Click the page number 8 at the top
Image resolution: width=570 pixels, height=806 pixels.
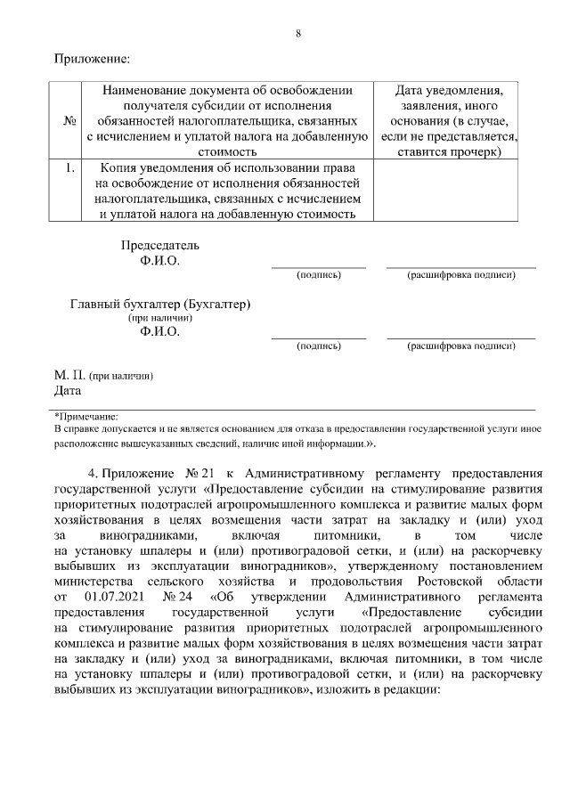298,34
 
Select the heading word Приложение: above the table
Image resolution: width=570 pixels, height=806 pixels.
92,60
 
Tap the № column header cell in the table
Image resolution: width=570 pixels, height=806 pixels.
69,121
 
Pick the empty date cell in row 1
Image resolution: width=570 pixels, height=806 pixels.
445,190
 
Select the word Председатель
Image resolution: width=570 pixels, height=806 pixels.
160,245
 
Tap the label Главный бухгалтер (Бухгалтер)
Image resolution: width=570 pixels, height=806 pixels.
160,304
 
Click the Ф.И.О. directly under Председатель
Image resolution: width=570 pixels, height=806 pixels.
160,261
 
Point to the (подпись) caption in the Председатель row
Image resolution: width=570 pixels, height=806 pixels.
318,275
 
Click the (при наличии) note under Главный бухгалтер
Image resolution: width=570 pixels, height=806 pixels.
160,318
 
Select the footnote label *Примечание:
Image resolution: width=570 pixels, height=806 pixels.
86,416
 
